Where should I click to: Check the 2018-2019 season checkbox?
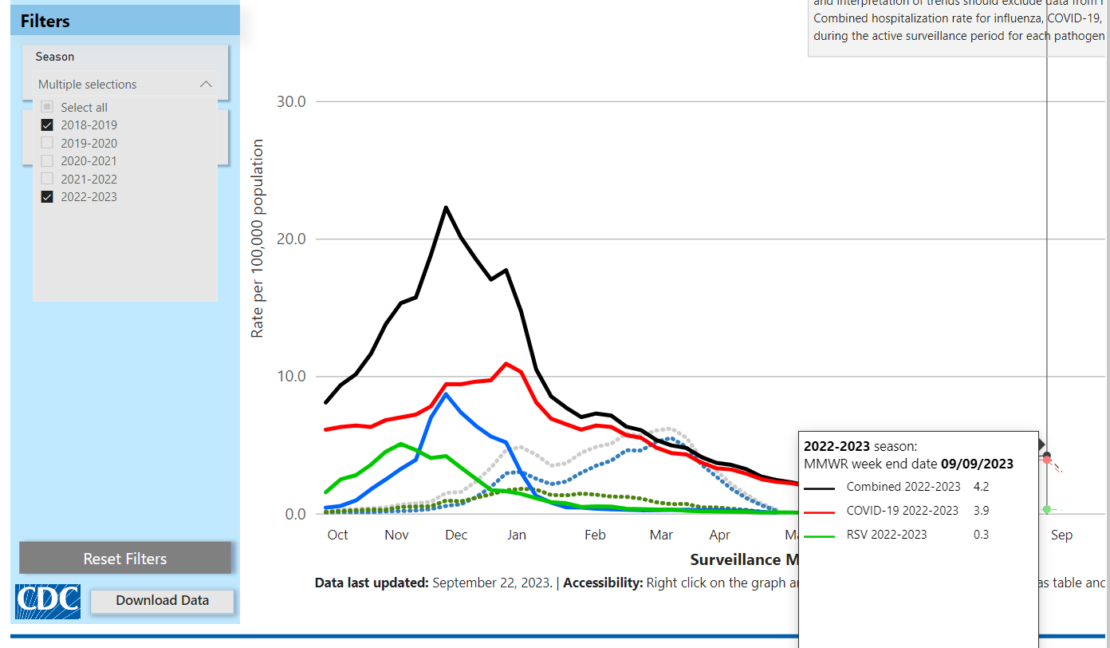point(47,125)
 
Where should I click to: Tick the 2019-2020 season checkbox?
point(47,144)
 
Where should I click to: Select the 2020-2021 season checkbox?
point(47,161)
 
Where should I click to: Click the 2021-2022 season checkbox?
point(47,179)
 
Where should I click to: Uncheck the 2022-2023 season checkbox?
point(47,197)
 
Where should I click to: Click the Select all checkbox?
point(47,107)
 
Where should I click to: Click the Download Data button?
point(163,601)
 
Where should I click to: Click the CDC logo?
point(48,601)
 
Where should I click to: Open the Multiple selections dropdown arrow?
point(206,85)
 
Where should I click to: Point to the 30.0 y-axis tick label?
point(291,101)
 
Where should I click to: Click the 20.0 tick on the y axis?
point(291,239)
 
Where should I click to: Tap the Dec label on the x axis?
point(456,535)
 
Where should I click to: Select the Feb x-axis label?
point(595,535)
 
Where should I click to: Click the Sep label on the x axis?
point(1061,535)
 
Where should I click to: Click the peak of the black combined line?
point(446,207)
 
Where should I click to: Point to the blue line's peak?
point(446,393)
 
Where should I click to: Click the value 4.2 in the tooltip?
point(981,487)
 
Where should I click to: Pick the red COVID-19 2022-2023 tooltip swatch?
point(819,511)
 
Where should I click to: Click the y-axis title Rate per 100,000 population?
point(258,238)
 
